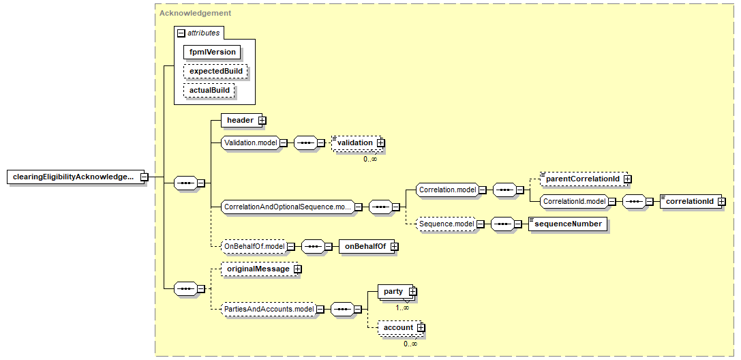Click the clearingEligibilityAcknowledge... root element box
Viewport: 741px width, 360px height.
click(73, 177)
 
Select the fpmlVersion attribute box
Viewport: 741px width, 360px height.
click(212, 52)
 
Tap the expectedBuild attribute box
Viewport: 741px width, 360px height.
click(215, 71)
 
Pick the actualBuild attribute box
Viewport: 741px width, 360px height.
click(209, 90)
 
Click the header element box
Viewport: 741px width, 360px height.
click(240, 121)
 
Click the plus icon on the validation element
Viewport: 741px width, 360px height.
click(380, 142)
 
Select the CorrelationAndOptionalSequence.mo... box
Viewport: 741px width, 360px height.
click(287, 207)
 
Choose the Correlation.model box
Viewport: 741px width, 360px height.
click(447, 190)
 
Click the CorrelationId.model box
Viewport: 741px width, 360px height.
click(574, 202)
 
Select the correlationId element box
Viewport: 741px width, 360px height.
click(689, 202)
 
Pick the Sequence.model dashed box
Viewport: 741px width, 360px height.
click(446, 224)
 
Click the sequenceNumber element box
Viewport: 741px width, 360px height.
click(568, 224)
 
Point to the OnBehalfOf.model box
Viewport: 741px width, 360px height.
click(254, 246)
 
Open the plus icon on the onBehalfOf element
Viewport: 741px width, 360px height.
click(394, 246)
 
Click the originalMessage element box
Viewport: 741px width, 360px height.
click(258, 269)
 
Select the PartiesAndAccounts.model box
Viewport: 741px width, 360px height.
click(269, 310)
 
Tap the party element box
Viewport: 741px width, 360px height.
click(393, 292)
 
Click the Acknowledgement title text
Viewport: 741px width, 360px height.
click(195, 13)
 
